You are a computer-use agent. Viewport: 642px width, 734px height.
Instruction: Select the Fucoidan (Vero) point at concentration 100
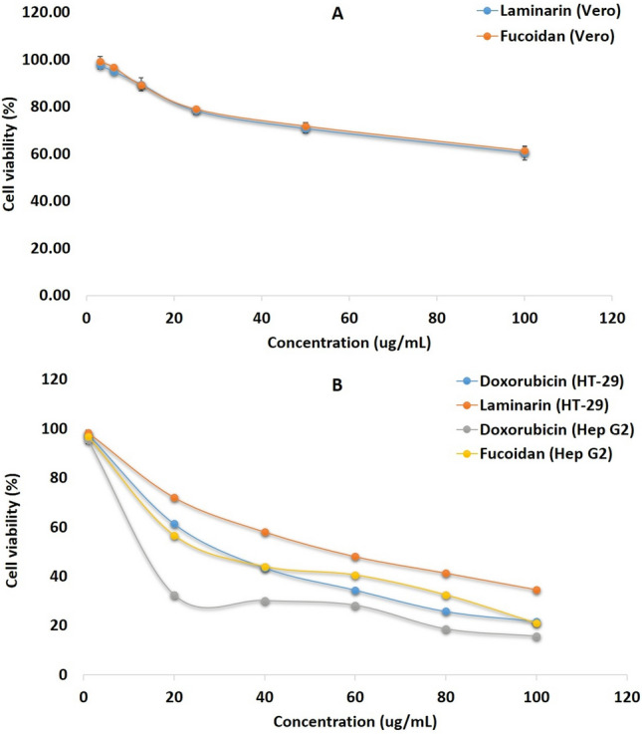(525, 151)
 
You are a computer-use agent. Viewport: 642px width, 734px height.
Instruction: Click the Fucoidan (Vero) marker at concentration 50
(306, 126)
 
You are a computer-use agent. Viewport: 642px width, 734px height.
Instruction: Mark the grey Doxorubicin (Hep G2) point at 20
(174, 596)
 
